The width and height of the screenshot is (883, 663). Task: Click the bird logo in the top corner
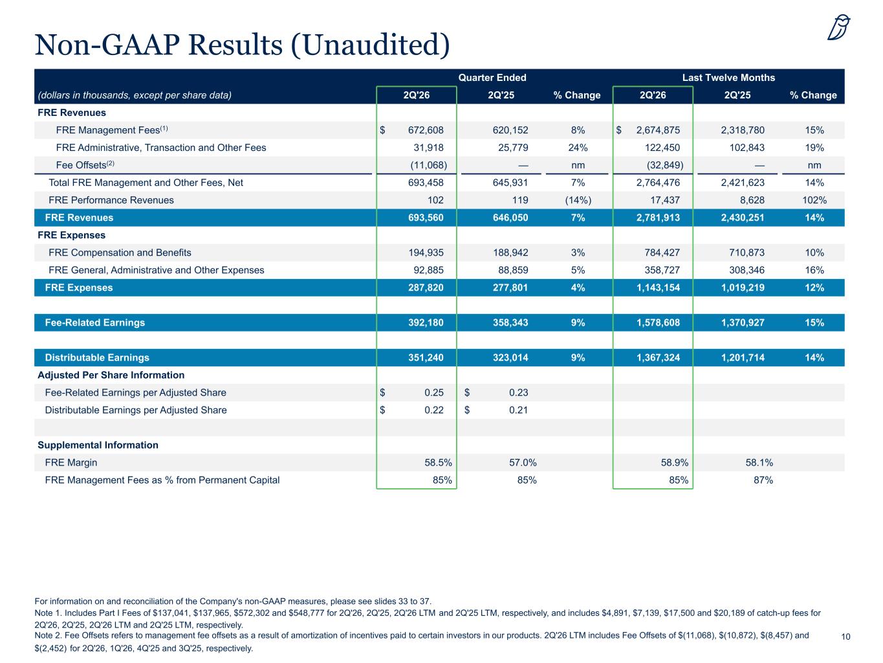pyautogui.click(x=838, y=27)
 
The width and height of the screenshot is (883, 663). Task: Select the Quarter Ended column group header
pyautogui.click(x=492, y=77)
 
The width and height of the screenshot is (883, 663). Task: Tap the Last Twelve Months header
pyautogui.click(x=728, y=77)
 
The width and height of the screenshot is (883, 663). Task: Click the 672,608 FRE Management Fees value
pyautogui.click(x=426, y=130)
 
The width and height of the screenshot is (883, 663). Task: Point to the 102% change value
pyautogui.click(x=814, y=200)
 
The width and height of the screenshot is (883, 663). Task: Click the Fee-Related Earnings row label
pyautogui.click(x=95, y=322)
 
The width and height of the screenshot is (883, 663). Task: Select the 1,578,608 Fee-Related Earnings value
pyautogui.click(x=658, y=322)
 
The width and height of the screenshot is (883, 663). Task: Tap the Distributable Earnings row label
pyautogui.click(x=97, y=357)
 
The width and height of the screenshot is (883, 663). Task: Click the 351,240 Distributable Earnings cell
pyautogui.click(x=426, y=357)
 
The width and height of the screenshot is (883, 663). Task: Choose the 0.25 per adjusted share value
pyautogui.click(x=433, y=392)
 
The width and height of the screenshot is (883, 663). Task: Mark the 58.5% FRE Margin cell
pyautogui.click(x=438, y=462)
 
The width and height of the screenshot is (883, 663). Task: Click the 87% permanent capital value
pyautogui.click(x=763, y=480)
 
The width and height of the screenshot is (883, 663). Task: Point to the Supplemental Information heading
pyautogui.click(x=98, y=445)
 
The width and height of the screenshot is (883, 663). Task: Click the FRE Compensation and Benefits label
pyautogui.click(x=120, y=253)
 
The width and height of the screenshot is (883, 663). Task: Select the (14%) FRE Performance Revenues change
pyautogui.click(x=578, y=200)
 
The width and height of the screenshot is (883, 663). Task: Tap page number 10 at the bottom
pyautogui.click(x=845, y=636)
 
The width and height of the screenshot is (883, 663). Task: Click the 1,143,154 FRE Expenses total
pyautogui.click(x=658, y=287)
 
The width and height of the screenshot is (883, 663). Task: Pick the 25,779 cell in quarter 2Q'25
pyautogui.click(x=513, y=148)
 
